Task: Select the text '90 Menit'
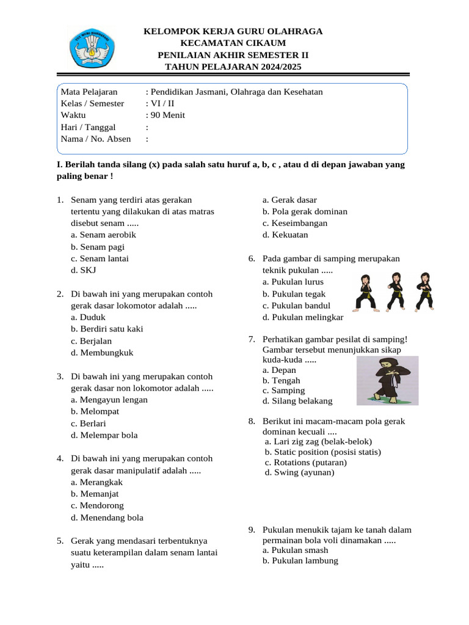pyautogui.click(x=168, y=115)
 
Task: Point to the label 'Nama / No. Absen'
pyautogui.click(x=96, y=139)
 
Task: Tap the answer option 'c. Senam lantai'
pyautogui.click(x=100, y=258)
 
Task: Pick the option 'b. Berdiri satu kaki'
pyautogui.click(x=107, y=329)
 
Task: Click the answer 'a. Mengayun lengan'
pyautogui.click(x=109, y=400)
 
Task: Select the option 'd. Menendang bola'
pyautogui.click(x=107, y=518)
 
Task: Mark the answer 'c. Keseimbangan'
pyautogui.click(x=295, y=223)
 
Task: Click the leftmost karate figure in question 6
pyautogui.click(x=365, y=292)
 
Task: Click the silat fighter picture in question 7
pyautogui.click(x=387, y=380)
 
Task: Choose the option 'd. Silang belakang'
pyautogui.click(x=297, y=401)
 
